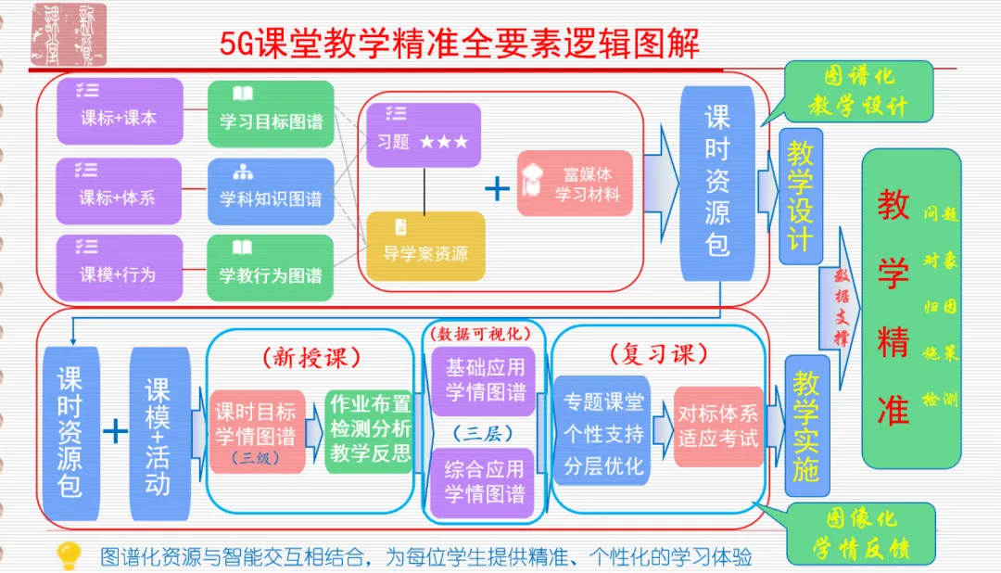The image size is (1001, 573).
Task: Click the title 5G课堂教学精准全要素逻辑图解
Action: coord(460,44)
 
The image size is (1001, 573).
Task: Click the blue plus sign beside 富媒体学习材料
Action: coord(498,188)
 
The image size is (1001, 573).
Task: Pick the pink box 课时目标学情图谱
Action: coord(257,432)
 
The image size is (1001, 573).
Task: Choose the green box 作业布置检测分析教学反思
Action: coord(369,432)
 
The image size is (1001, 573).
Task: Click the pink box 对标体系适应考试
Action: coord(717,427)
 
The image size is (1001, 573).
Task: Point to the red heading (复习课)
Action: coord(659,355)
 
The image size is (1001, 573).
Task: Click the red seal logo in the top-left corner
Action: coord(69,33)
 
